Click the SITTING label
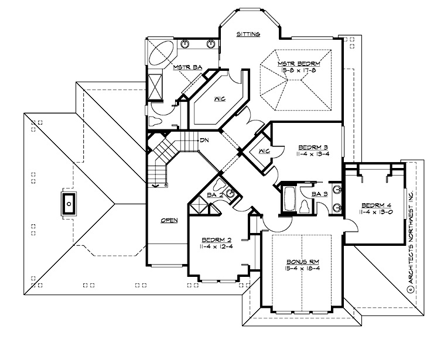point(248,35)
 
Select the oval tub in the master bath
point(160,54)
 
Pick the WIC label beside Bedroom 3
point(263,152)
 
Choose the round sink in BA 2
point(231,194)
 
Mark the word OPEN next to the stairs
point(169,221)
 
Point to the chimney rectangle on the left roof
point(69,204)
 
